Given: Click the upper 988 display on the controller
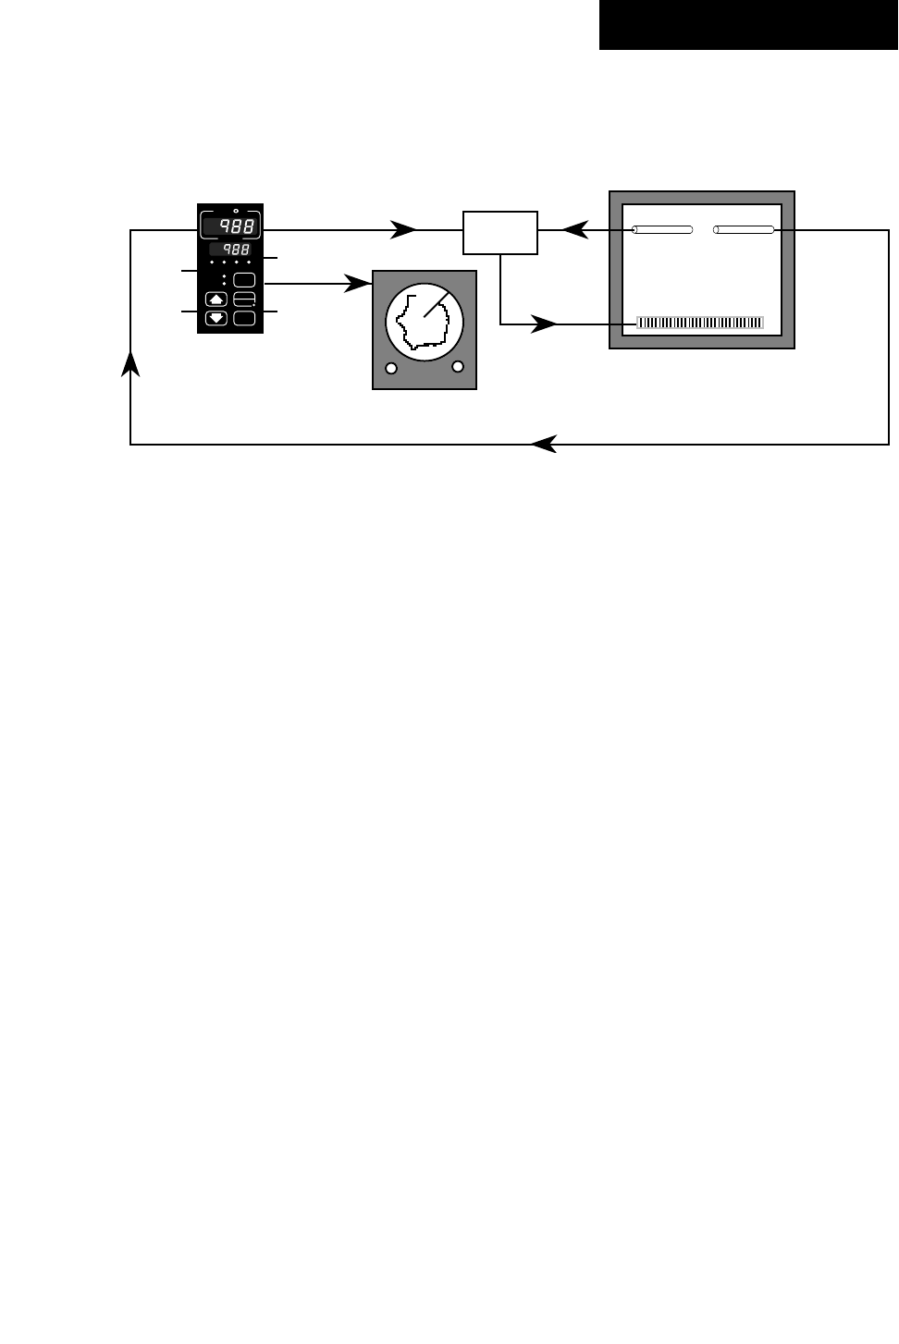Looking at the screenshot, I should pos(231,226).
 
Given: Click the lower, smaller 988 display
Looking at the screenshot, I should pos(230,250).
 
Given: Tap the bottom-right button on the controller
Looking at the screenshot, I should pos(244,318).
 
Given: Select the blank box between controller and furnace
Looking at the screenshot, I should pos(499,232).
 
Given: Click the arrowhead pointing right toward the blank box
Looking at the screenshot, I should pos(403,229).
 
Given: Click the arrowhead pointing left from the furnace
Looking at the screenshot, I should pos(574,229).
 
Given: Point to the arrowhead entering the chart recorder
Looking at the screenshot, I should pos(358,284).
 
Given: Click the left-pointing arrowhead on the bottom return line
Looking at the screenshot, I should pos(544,445).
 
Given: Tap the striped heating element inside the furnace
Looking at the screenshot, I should pos(700,323).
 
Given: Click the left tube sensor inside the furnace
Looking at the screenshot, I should pos(662,229).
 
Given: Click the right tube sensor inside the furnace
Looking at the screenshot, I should pos(744,229).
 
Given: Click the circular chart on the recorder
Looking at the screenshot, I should pos(424,322).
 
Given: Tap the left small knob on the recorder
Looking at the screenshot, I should pos(391,369).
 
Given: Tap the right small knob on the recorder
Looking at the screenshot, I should pos(457,366).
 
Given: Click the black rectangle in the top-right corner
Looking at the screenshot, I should pos(748,25).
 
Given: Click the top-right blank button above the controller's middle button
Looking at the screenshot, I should pos(244,279).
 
